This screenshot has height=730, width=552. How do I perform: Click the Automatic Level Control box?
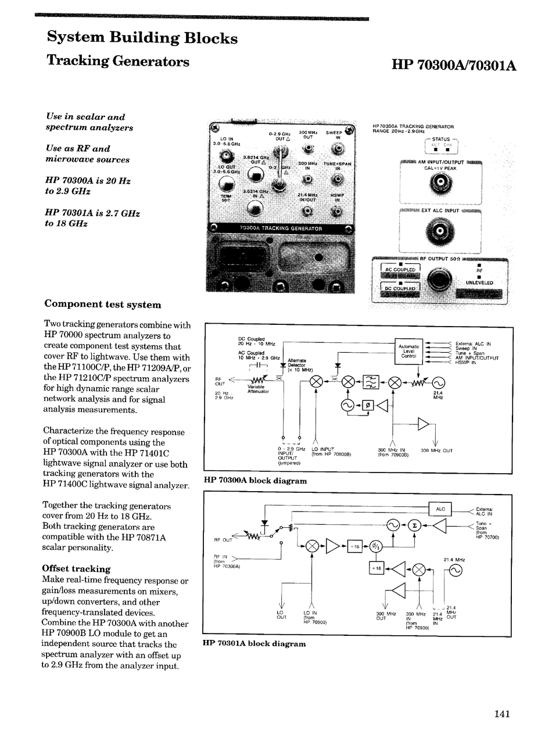pyautogui.click(x=408, y=352)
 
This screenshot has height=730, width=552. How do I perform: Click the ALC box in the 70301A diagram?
pyautogui.click(x=440, y=509)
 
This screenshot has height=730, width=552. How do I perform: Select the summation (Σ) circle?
pyautogui.click(x=414, y=525)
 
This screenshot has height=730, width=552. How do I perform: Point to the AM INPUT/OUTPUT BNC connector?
pyautogui.click(x=440, y=185)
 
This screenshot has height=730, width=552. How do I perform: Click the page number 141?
pyautogui.click(x=502, y=714)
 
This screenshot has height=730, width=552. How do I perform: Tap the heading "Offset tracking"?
pyautogui.click(x=76, y=569)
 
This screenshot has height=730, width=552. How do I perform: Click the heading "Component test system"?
pyautogui.click(x=103, y=305)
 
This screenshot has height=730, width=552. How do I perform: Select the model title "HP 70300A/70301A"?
pyautogui.click(x=454, y=66)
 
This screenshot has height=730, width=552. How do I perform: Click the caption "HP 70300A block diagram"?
pyautogui.click(x=255, y=481)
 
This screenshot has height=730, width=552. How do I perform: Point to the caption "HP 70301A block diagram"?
pyautogui.click(x=255, y=643)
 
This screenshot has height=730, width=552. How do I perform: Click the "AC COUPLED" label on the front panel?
pyautogui.click(x=400, y=270)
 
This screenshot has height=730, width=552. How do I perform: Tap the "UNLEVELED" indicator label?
pyautogui.click(x=479, y=282)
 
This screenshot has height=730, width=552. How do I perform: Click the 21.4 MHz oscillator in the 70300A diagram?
pyautogui.click(x=438, y=382)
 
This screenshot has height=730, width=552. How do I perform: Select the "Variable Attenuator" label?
pyautogui.click(x=258, y=389)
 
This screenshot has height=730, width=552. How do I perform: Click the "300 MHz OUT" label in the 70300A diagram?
pyautogui.click(x=436, y=450)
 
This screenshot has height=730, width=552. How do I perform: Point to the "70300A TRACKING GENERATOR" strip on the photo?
pyautogui.click(x=281, y=228)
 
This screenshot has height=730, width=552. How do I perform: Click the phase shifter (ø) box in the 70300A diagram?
pyautogui.click(x=367, y=406)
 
